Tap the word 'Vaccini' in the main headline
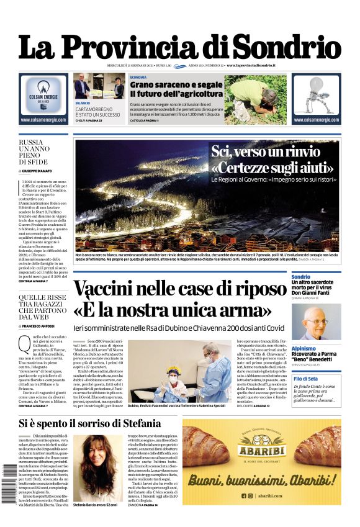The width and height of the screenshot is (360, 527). (118, 290)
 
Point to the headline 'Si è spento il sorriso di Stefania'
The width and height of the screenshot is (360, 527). (90, 425)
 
